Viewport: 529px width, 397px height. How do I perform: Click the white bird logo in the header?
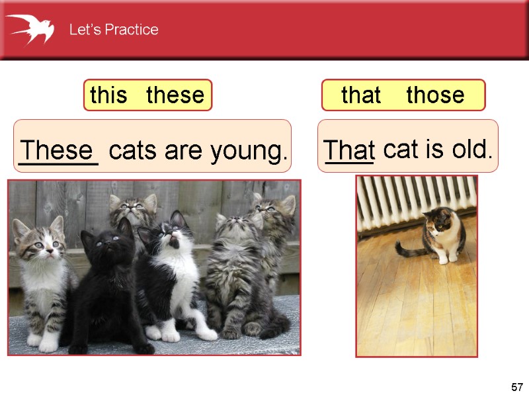coord(30,28)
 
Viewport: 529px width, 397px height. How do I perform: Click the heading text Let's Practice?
coord(114,30)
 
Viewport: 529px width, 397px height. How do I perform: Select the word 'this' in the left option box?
coord(108,95)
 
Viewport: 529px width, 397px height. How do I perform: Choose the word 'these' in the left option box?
coord(175,95)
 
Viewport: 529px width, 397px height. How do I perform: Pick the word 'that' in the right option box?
coord(361,95)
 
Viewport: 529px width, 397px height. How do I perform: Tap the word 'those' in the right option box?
coord(435,95)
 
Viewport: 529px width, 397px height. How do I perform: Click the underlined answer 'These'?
coord(58,151)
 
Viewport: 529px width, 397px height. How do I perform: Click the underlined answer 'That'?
coord(349,151)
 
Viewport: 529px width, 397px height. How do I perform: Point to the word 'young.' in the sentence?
coord(249,152)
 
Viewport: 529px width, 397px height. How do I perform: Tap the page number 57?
coord(516,386)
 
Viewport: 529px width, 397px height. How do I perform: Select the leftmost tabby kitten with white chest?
coord(41,278)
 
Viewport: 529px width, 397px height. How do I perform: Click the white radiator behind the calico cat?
coord(417,198)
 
